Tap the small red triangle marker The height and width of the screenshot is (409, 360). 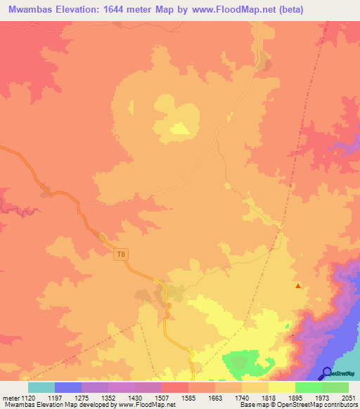[x=298, y=285]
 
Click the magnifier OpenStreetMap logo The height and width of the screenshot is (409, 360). [x=328, y=372]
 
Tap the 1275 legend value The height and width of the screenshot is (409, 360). [x=94, y=398]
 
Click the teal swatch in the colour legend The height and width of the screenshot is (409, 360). [x=41, y=387]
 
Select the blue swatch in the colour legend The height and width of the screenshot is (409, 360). [x=68, y=387]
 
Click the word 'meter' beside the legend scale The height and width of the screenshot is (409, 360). [x=12, y=398]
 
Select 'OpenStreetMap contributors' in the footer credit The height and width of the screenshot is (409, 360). [x=318, y=405]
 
